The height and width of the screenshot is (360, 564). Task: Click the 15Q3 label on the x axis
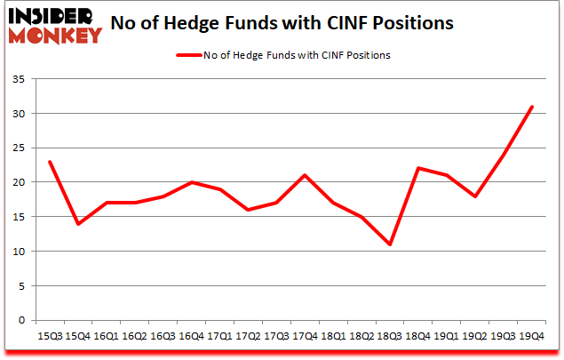(50, 337)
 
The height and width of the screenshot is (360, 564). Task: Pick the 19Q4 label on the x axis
(532, 337)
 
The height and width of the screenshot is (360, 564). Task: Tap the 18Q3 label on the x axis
(390, 337)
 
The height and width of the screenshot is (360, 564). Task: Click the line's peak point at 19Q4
(532, 107)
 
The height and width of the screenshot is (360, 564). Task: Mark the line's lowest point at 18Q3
(390, 244)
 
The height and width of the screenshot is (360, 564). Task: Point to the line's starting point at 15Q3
(50, 162)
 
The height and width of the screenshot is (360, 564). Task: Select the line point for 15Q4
(78, 224)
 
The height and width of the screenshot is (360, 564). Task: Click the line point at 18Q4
(418, 169)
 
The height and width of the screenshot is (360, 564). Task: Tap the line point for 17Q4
(305, 175)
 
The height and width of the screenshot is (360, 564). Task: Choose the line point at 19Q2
(475, 196)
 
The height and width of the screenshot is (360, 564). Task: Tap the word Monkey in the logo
(54, 36)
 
